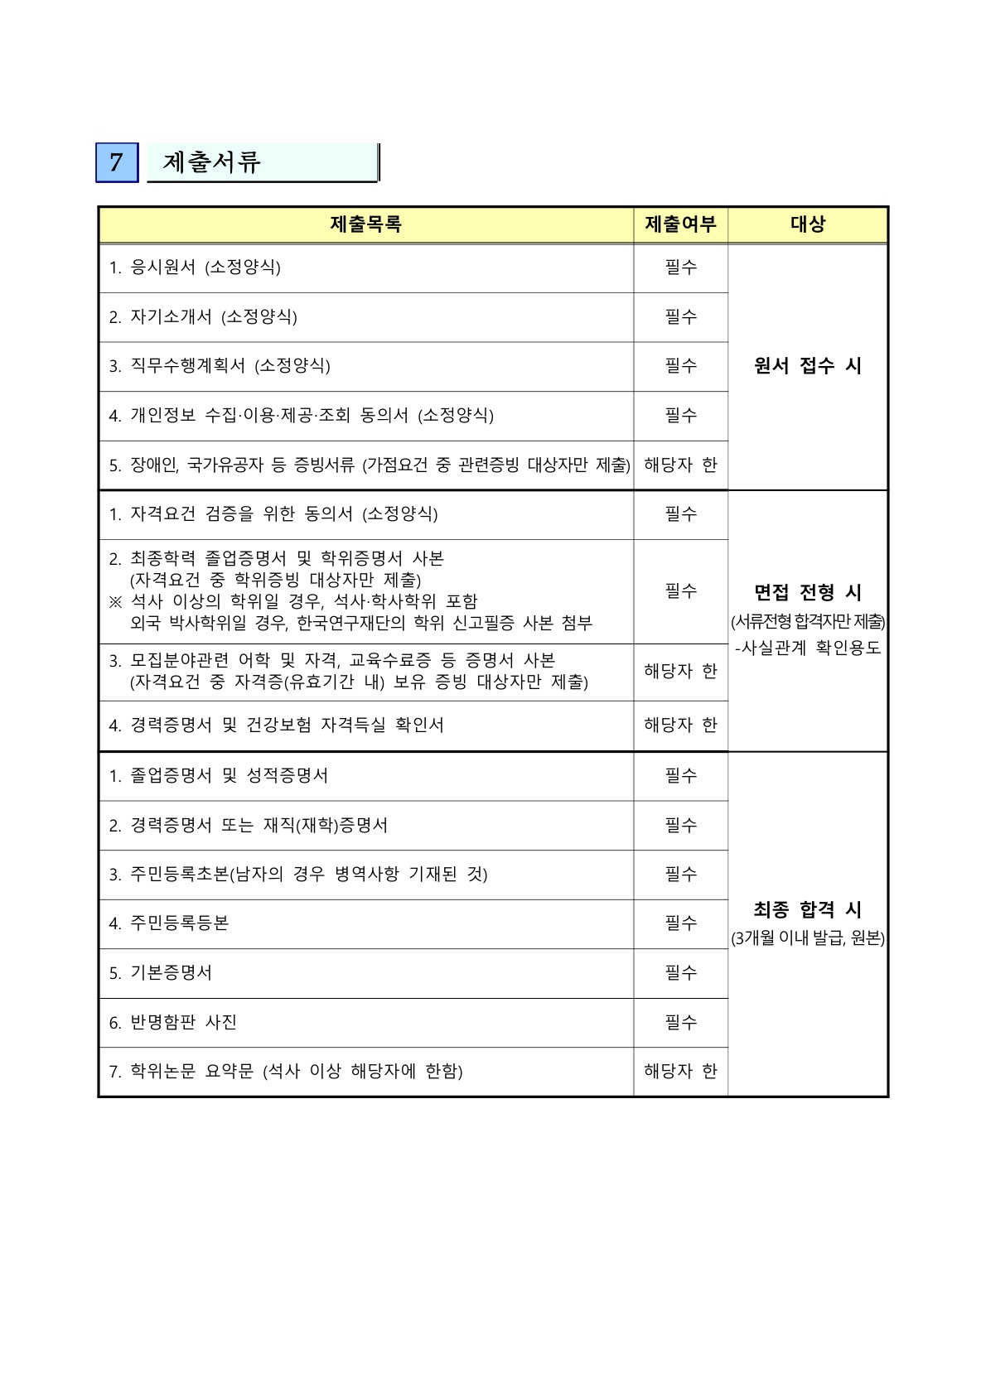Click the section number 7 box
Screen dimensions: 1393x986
117,162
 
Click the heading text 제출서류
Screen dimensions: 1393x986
212,162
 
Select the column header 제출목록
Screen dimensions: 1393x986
365,224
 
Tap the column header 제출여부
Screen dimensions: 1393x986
680,224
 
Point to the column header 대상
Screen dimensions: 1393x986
808,224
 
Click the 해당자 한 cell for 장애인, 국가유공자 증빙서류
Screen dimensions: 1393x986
680,465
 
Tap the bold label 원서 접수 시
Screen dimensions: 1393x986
808,366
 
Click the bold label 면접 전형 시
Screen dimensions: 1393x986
808,593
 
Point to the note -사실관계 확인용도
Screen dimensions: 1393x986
808,648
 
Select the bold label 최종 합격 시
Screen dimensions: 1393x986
808,910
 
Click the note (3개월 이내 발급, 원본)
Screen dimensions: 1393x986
808,938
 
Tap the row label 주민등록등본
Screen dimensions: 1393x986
179,923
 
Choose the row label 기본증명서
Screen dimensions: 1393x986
171,973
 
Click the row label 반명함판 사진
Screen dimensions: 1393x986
183,1023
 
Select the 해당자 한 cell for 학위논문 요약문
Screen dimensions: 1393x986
680,1072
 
